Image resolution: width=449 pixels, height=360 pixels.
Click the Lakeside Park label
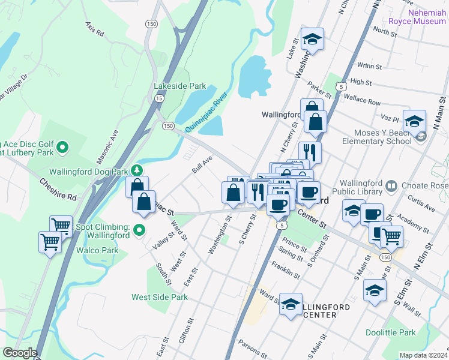point(179,86)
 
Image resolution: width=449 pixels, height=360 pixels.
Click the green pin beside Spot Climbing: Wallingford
point(139,230)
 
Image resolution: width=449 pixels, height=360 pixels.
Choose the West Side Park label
point(160,297)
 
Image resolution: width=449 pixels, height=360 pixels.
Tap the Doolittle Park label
point(390,332)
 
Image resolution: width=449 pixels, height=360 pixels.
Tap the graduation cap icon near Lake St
point(311,39)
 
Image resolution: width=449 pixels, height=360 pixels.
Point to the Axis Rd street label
point(95,28)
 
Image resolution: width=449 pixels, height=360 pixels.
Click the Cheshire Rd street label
point(58,188)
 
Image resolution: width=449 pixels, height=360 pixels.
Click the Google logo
point(20,353)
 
